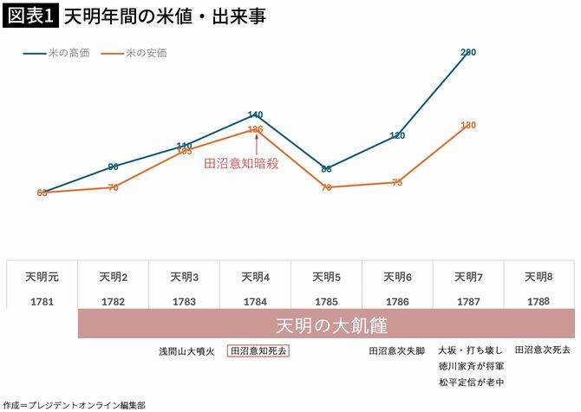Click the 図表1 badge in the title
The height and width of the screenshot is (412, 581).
30,16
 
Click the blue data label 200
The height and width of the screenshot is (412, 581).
468,53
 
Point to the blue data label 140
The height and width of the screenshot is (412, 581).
255,114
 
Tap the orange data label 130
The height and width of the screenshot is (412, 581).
468,126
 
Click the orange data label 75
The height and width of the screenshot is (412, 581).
397,182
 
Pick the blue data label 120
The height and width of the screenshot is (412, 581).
397,135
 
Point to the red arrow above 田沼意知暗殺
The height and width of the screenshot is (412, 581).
256,143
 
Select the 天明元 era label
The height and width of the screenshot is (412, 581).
42,278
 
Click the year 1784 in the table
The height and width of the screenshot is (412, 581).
255,301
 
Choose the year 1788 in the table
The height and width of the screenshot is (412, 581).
539,301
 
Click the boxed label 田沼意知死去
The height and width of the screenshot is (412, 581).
258,351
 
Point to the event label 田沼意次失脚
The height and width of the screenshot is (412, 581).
396,351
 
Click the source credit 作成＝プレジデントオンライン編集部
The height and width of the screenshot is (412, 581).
74,405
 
